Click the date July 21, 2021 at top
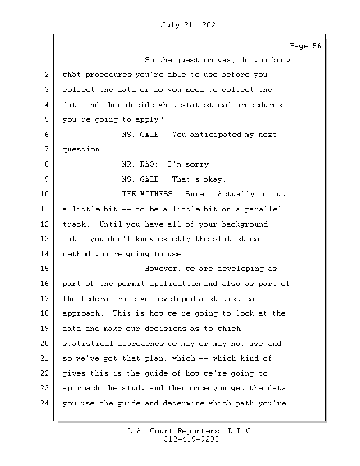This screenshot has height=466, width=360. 189,25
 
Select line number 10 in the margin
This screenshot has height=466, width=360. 46,194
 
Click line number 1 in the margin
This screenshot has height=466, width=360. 46,61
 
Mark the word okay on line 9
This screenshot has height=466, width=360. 213,179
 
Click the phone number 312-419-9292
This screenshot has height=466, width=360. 192,440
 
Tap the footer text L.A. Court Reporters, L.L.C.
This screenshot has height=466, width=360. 190,432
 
